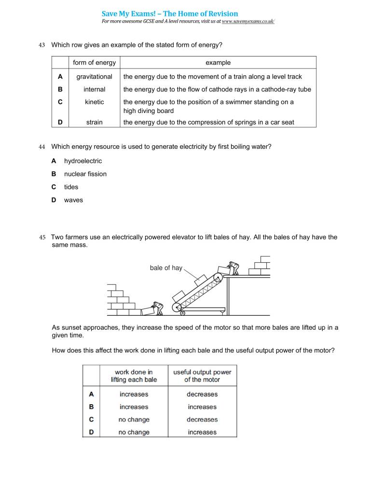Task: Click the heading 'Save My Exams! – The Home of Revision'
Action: pos(170,14)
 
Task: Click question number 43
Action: pos(41,45)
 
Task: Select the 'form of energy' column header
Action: pos(94,62)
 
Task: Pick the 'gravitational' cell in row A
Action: pos(94,76)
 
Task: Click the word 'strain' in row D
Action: pos(94,122)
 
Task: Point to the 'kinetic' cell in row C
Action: pos(94,102)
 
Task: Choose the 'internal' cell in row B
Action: pos(94,89)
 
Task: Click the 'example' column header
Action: pos(218,62)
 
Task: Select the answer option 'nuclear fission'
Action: pos(85,174)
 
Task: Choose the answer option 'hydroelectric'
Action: pos(83,161)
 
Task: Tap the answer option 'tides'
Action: pos(71,187)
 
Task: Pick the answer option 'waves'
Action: pos(73,200)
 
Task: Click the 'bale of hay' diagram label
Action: pos(166,267)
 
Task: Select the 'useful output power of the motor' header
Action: pos(202,376)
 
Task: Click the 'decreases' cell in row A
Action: pos(202,394)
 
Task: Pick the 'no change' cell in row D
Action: pos(134,432)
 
